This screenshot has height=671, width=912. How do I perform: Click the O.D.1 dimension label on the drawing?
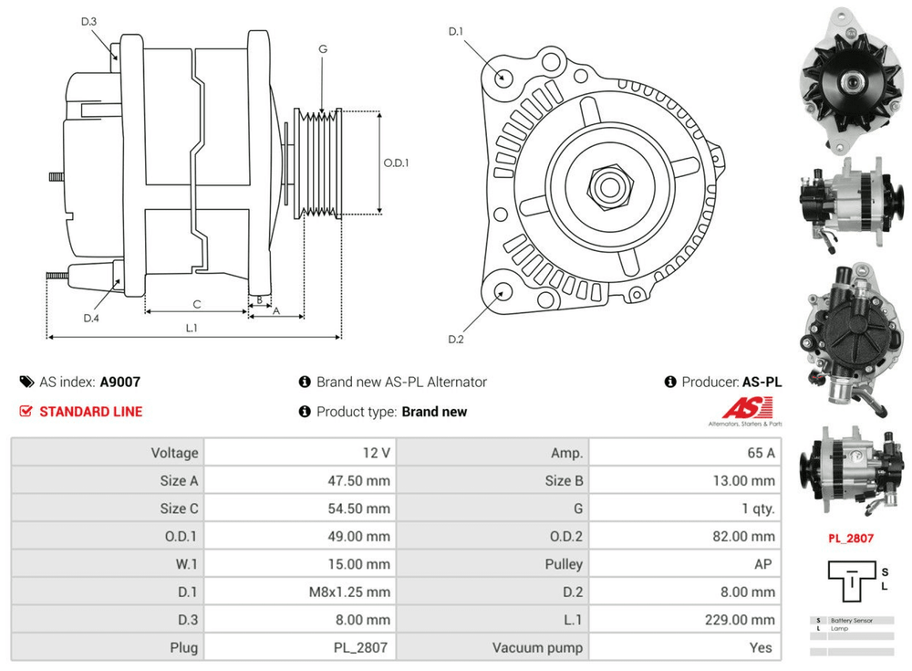(x=396, y=163)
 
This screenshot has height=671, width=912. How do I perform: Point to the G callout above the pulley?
(x=323, y=49)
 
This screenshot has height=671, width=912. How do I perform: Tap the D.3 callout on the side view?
(x=88, y=21)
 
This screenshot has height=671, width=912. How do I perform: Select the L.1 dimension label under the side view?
(x=192, y=328)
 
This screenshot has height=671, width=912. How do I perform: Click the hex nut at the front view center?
(x=606, y=186)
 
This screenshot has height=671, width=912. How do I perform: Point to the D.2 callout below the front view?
(x=456, y=340)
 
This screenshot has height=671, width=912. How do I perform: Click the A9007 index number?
(x=119, y=383)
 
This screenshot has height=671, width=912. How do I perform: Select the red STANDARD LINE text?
(x=90, y=412)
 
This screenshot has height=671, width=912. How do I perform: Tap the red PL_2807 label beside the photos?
(x=851, y=538)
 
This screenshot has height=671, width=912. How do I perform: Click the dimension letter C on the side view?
(x=196, y=304)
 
